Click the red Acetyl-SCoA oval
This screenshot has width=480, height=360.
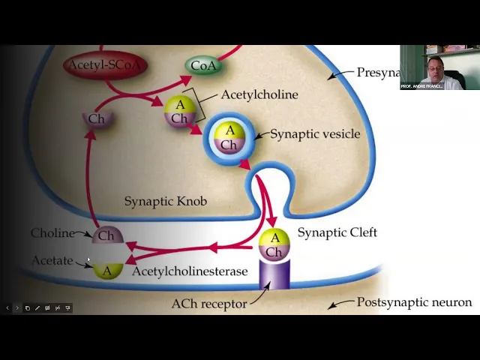104,65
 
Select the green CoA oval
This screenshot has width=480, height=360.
203,65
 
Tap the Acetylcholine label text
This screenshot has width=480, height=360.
259,94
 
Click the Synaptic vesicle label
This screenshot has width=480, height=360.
315,134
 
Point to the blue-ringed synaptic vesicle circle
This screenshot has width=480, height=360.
229,138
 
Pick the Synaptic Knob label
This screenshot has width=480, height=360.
165,201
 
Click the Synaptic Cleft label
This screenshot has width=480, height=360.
337,232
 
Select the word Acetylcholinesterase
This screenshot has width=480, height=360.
189,271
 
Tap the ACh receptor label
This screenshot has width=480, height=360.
208,304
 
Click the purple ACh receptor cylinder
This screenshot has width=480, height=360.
274,274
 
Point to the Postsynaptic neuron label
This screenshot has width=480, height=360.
414,302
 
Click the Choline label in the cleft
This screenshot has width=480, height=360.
52,233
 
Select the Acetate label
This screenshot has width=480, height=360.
52,261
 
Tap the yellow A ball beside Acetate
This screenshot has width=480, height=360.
107,270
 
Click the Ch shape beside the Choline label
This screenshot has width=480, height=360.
106,235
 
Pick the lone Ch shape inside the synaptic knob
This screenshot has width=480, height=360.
97,119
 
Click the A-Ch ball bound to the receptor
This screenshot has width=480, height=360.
274,244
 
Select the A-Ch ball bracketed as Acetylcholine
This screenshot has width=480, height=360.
179,112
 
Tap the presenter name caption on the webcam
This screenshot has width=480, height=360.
421,86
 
